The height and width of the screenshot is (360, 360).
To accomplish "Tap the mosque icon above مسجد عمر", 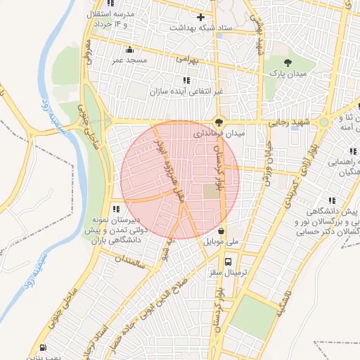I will (x=129, y=49).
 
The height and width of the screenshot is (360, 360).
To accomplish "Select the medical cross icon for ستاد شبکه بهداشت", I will (x=201, y=16).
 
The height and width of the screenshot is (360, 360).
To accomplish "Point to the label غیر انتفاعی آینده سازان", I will (x=185, y=92).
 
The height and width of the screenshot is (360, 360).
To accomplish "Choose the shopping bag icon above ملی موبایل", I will (x=222, y=230).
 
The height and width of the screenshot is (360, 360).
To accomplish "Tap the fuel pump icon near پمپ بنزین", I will (x=44, y=347).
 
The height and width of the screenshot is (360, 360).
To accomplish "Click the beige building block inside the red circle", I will (x=211, y=191).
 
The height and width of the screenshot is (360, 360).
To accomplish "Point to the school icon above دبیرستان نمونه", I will (x=116, y=209).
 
